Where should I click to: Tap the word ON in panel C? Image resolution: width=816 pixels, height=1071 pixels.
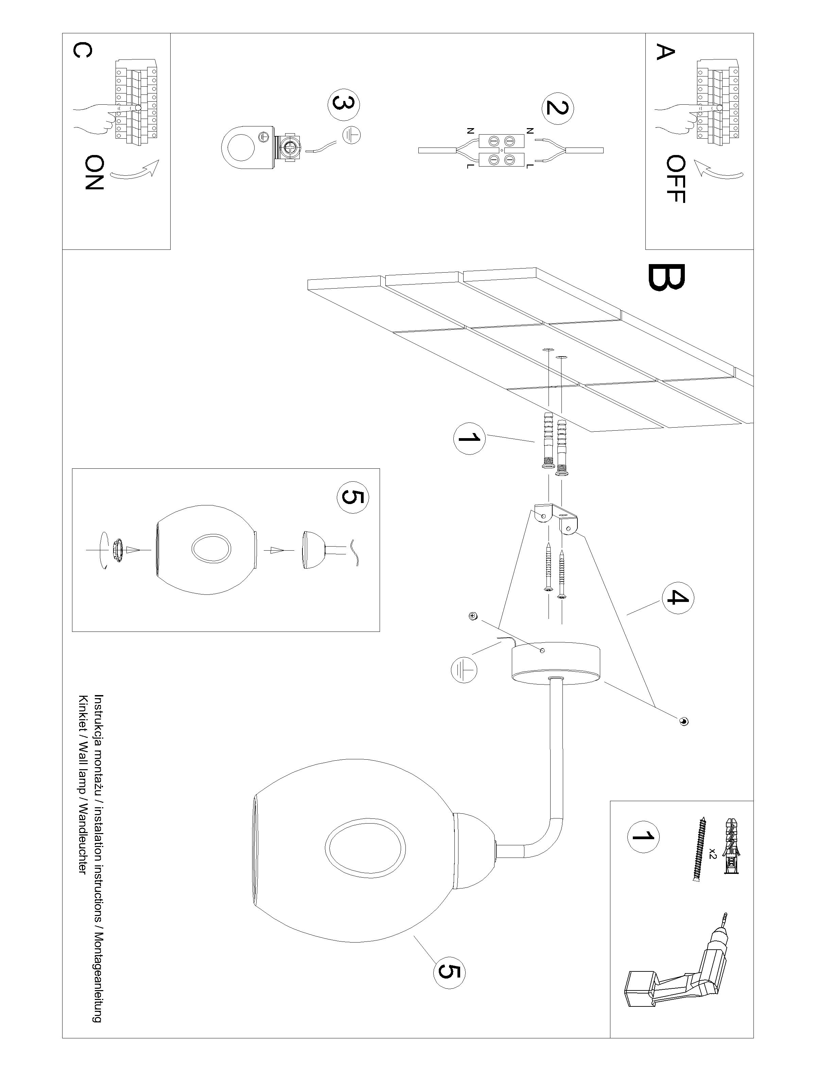[x=94, y=172]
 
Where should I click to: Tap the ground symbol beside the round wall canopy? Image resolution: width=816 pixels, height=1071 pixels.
[x=464, y=671]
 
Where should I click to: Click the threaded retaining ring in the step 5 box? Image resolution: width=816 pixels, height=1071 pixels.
[x=117, y=550]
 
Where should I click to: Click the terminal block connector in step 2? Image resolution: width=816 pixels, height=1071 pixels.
[x=502, y=150]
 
